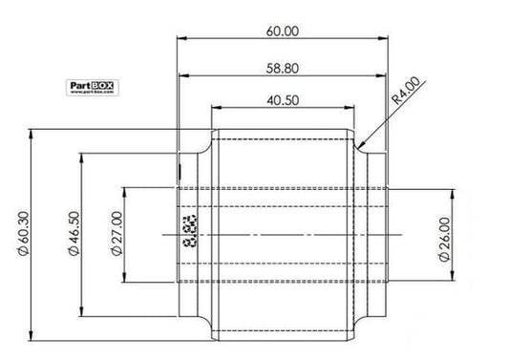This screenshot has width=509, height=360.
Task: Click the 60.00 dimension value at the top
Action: (284, 31)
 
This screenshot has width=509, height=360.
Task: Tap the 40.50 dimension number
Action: (284, 99)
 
